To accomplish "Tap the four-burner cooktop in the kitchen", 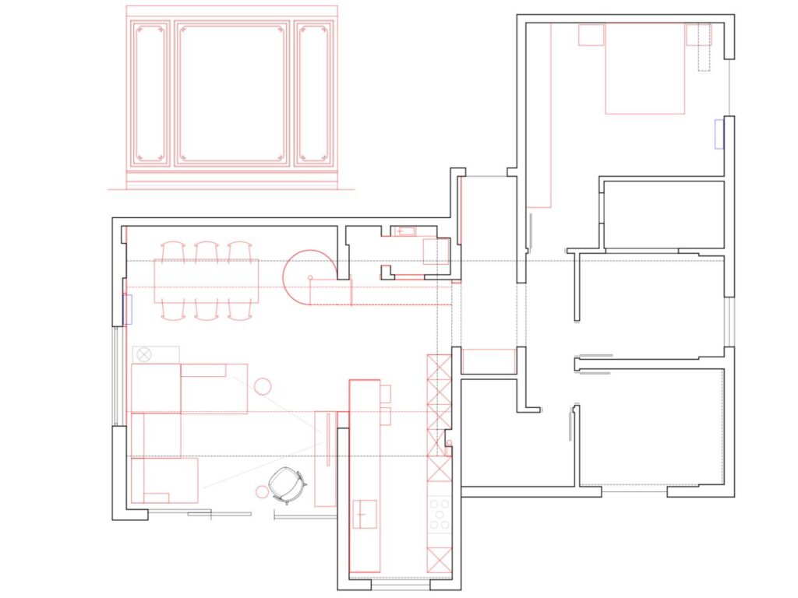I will pyautogui.click(x=440, y=515).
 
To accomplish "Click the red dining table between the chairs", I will pyautogui.click(x=206, y=281).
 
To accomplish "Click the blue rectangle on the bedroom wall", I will pyautogui.click(x=719, y=134).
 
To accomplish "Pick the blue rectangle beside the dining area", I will pyautogui.click(x=128, y=309).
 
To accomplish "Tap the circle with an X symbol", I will pyautogui.click(x=144, y=354).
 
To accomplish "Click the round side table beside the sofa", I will pyautogui.click(x=262, y=385).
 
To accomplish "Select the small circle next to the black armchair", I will pyautogui.click(x=262, y=491).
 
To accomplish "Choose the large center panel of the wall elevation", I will pyautogui.click(x=231, y=93).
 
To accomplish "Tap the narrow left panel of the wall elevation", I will pyautogui.click(x=150, y=93).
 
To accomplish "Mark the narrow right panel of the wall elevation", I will pyautogui.click(x=312, y=93).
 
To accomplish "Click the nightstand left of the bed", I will pyautogui.click(x=591, y=35).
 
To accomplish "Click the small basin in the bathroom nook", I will pyautogui.click(x=406, y=231).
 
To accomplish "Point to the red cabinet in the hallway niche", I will pyautogui.click(x=489, y=361).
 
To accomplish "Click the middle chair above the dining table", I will pyautogui.click(x=206, y=251).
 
